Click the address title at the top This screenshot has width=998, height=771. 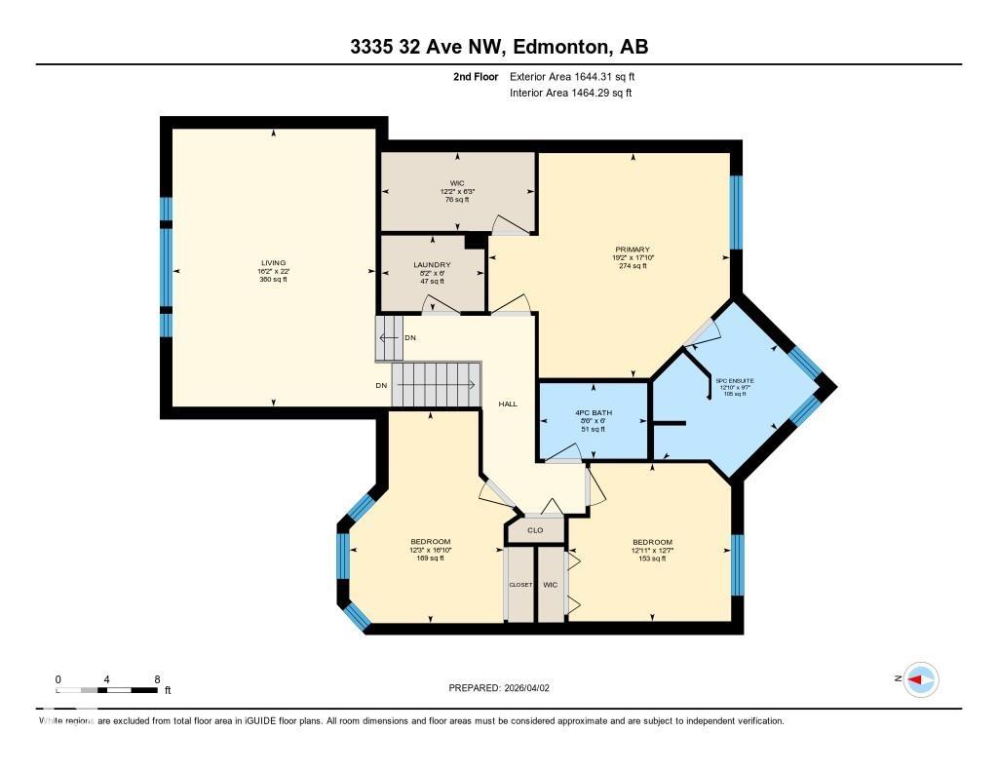point(498,47)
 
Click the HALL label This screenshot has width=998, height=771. point(507,404)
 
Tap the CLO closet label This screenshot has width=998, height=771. point(534,531)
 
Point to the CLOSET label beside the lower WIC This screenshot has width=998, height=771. point(520,585)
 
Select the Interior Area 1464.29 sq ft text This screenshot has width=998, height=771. point(570,93)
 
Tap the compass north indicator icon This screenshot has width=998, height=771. point(920,679)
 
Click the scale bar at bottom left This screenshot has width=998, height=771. point(107,689)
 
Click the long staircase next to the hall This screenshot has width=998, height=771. point(437,384)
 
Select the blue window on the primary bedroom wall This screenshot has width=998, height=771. point(737,211)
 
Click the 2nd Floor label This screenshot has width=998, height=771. point(476,76)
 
